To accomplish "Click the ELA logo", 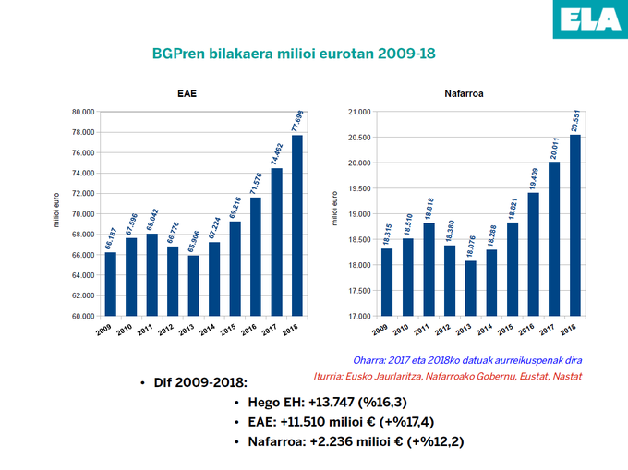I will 591,19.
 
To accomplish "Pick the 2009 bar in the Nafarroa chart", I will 387,282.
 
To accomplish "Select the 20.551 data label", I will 575,120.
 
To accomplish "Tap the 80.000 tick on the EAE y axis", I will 83,112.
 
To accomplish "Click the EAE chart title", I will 187,94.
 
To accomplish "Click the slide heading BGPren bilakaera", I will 292,54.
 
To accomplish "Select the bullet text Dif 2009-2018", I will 202,382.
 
